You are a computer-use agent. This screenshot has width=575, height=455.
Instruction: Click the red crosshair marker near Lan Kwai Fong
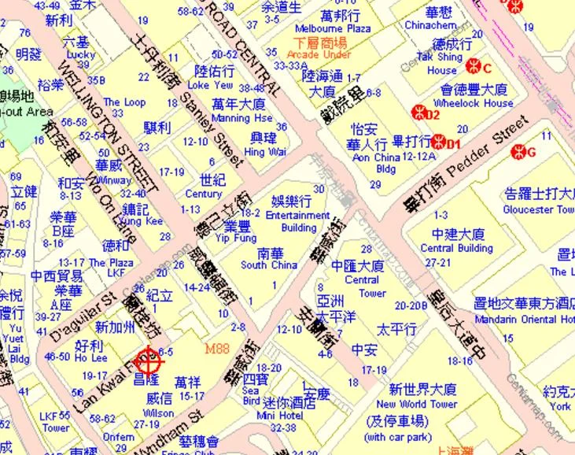tap(149, 361)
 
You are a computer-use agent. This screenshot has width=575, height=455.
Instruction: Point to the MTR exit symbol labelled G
tap(517, 150)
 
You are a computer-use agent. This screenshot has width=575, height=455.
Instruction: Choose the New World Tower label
tap(422, 404)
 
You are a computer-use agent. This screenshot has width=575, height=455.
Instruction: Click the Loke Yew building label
tap(211, 85)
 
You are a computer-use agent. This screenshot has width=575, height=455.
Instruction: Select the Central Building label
tap(457, 248)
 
